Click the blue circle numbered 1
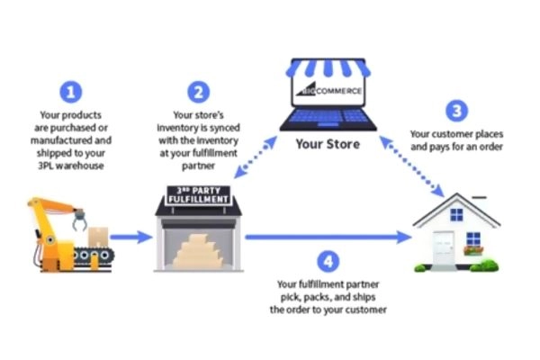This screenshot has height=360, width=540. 72,91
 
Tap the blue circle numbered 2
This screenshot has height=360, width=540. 201,91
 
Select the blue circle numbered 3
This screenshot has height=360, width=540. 458,112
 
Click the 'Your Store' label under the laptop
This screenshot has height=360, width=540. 328,144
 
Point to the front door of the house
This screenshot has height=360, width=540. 445,249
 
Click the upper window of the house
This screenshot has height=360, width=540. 457,215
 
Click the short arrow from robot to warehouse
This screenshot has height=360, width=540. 131,237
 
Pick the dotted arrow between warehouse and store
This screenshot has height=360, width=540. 257,160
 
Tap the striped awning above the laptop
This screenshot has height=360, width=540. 328,69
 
